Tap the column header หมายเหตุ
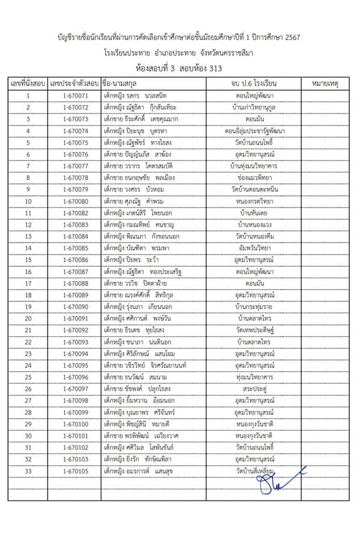pos(325,84)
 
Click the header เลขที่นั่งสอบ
pos(28,84)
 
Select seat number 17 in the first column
pos(28,283)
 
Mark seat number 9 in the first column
pos(28,189)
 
